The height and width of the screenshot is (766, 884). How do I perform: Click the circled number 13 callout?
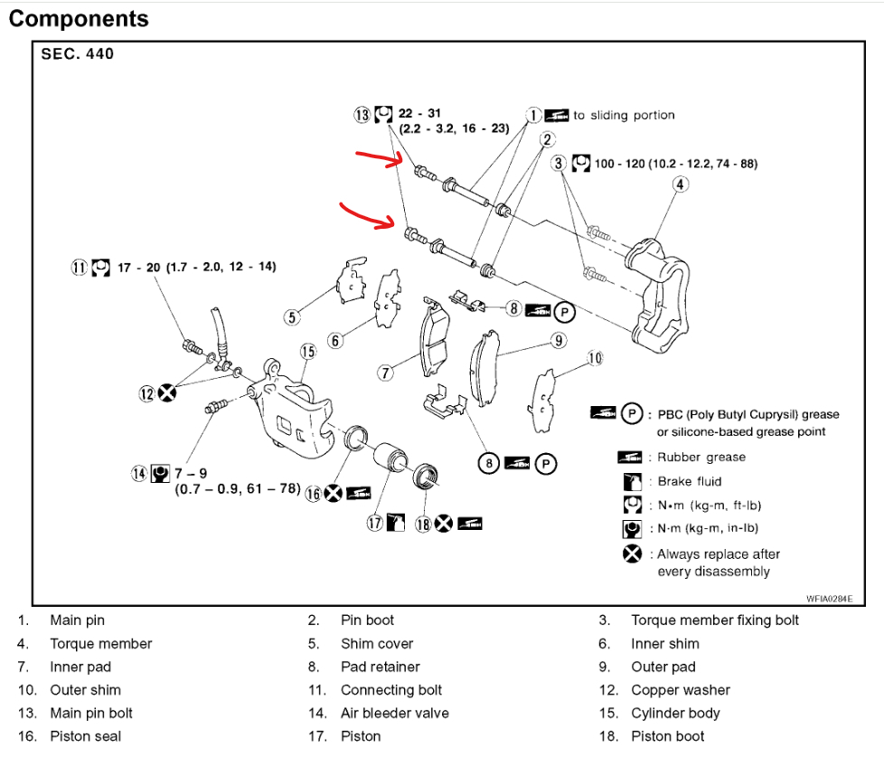click(x=362, y=115)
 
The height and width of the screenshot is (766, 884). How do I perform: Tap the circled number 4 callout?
click(x=680, y=185)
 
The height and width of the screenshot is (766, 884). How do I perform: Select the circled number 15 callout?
click(x=307, y=352)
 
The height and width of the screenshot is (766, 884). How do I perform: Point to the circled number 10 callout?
click(x=594, y=359)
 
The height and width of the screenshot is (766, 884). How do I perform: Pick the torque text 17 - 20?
click(x=139, y=267)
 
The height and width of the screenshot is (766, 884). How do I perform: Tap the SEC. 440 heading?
click(x=78, y=54)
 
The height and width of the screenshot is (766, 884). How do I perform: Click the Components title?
click(x=79, y=18)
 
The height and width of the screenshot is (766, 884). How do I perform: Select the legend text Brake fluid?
click(x=689, y=481)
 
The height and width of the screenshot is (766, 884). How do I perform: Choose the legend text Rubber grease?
click(x=701, y=458)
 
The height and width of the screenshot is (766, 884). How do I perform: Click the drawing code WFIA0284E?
click(x=830, y=598)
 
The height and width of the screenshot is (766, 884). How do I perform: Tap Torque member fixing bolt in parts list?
click(x=715, y=620)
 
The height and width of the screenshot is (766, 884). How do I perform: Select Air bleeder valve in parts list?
click(x=394, y=714)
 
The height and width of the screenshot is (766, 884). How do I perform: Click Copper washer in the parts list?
click(x=681, y=690)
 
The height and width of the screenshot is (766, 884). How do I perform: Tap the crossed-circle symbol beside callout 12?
click(x=166, y=392)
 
